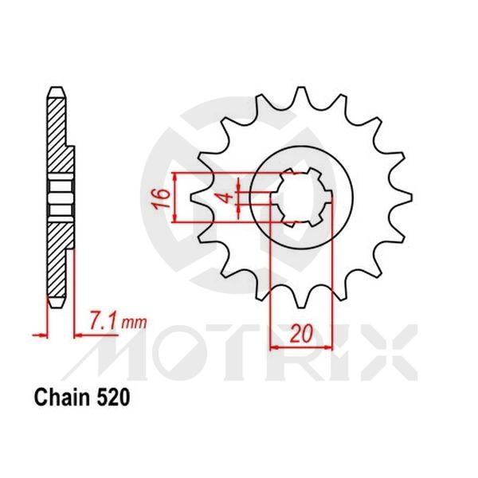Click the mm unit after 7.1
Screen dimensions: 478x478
[x=135, y=323]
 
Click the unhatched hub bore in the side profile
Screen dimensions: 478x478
[x=59, y=195]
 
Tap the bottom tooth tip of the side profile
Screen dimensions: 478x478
[x=56, y=304]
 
